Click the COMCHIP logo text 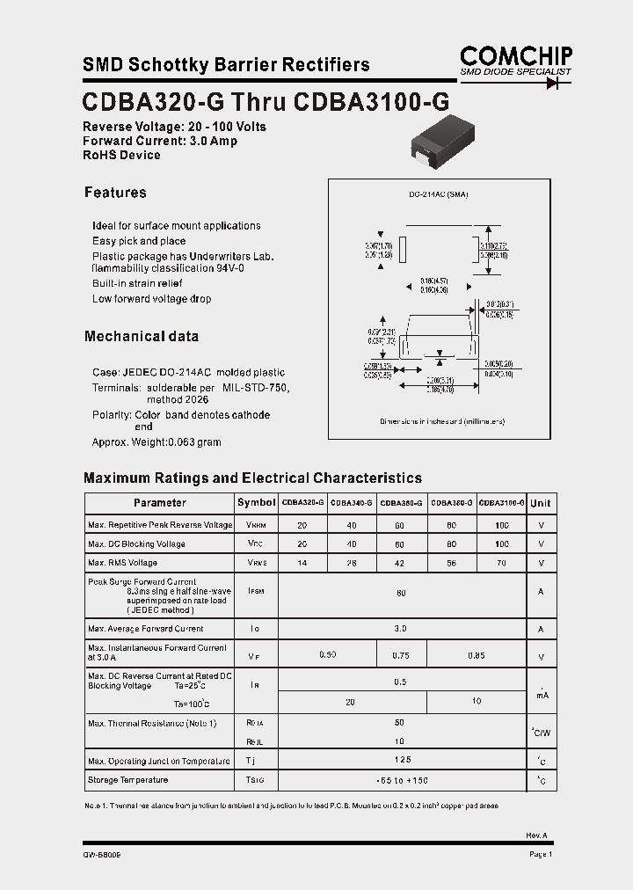click(x=516, y=55)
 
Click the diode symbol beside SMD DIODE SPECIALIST click(x=554, y=83)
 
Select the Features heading click(x=115, y=193)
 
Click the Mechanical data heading click(x=141, y=336)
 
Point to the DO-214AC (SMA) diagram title click(x=439, y=194)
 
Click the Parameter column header click(x=159, y=503)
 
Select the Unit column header click(x=541, y=503)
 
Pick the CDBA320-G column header click(x=302, y=503)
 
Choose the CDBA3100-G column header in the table click(x=502, y=503)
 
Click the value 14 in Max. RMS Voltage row click(x=302, y=563)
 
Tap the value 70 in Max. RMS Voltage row click(x=502, y=563)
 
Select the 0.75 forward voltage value click(x=402, y=654)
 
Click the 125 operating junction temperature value click(x=402, y=760)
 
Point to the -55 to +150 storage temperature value click(x=402, y=781)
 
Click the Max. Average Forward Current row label click(x=146, y=629)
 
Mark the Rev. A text click(x=536, y=835)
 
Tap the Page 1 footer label click(x=541, y=854)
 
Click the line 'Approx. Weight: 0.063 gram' click(x=156, y=442)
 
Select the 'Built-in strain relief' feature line click(x=137, y=283)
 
